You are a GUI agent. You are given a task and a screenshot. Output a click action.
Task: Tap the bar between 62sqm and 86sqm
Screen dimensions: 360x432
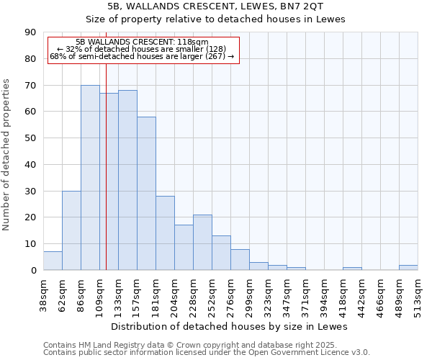(x=71, y=230)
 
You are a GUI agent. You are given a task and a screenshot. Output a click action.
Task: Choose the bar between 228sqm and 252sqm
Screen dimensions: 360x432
(x=202, y=242)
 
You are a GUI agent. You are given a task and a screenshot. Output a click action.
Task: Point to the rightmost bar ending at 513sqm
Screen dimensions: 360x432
(x=408, y=267)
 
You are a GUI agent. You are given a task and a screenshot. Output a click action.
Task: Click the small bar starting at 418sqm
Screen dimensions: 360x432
(x=352, y=269)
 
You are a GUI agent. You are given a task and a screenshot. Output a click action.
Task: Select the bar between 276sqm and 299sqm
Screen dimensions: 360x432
(x=240, y=259)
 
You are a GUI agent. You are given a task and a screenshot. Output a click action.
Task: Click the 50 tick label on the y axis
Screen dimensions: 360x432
(x=31, y=138)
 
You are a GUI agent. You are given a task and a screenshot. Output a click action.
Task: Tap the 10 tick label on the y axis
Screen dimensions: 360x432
(x=31, y=244)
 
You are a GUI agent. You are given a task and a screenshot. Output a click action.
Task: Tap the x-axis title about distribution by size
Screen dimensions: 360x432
(x=230, y=326)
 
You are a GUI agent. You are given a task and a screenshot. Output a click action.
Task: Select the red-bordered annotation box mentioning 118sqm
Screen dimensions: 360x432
(x=142, y=50)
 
